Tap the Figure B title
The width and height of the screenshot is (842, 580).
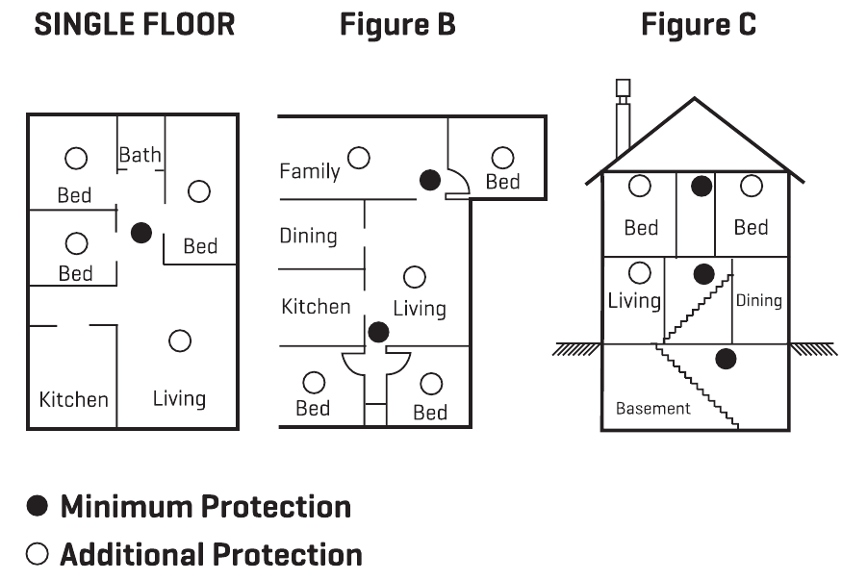point(397,26)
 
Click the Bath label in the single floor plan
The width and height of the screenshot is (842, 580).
point(140,155)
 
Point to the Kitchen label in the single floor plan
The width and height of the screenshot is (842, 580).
point(73,399)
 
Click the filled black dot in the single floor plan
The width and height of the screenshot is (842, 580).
point(141,232)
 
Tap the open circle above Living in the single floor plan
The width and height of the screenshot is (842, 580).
point(179,340)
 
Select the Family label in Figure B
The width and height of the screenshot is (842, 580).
point(310,171)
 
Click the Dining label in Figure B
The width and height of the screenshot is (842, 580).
point(308,236)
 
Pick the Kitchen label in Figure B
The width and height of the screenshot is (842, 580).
point(316,307)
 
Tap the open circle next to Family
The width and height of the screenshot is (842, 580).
point(359,157)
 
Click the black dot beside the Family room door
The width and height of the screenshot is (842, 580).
point(429,179)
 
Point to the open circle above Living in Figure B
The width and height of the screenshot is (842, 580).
point(414,277)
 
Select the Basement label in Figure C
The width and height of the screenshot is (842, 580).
point(653,409)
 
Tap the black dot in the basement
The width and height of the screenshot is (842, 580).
point(727,360)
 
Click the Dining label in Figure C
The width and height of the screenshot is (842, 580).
point(758,301)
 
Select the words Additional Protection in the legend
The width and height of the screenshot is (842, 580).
point(211,555)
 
